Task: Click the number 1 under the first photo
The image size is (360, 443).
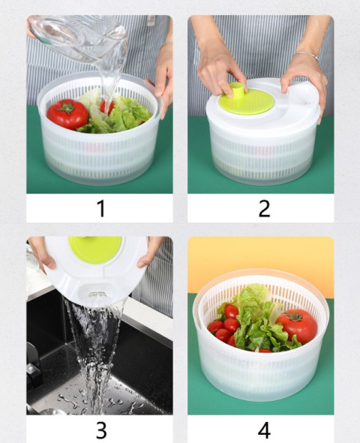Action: [100, 208]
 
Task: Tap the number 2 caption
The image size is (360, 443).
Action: [263, 208]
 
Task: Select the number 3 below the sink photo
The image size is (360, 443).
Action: [100, 430]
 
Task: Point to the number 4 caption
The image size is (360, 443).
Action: [263, 430]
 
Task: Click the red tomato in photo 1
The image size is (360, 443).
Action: [67, 115]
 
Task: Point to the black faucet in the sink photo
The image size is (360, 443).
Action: [34, 360]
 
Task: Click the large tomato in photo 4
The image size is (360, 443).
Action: [296, 325]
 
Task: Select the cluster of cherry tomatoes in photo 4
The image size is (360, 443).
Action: [225, 325]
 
